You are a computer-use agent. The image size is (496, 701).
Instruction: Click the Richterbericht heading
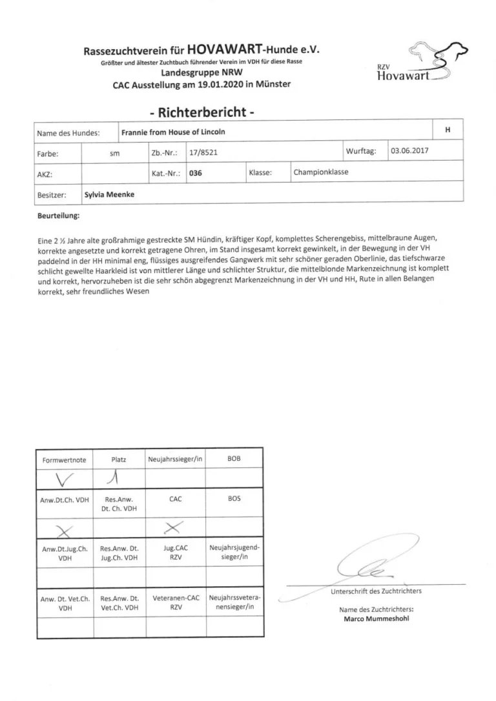(201, 112)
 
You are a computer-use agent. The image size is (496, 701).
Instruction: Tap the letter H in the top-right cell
(448, 130)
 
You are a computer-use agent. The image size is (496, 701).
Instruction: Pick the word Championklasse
(321, 173)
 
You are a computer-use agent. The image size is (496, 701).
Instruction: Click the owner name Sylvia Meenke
(110, 194)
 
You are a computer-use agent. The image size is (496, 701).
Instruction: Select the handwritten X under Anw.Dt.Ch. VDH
(65, 531)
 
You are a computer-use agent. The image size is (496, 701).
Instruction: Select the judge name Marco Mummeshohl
(376, 618)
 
